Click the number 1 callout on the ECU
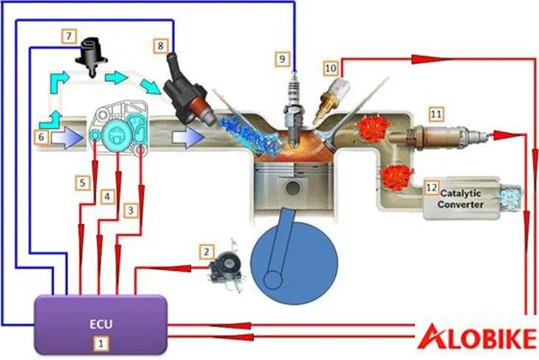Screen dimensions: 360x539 pyautogui.click(x=101, y=342)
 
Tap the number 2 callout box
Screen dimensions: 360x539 pyautogui.click(x=207, y=252)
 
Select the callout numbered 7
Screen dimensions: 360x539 pyautogui.click(x=69, y=35)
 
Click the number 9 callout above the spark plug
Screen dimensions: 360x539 pyautogui.click(x=281, y=57)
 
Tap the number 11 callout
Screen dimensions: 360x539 pyautogui.click(x=436, y=114)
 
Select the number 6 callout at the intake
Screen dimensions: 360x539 pyautogui.click(x=41, y=136)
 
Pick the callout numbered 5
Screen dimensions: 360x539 pyautogui.click(x=84, y=181)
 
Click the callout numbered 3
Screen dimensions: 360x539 pyautogui.click(x=131, y=210)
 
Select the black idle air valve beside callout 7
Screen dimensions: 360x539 pyautogui.click(x=92, y=54)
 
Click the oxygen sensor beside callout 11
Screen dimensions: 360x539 pyautogui.click(x=443, y=136)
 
